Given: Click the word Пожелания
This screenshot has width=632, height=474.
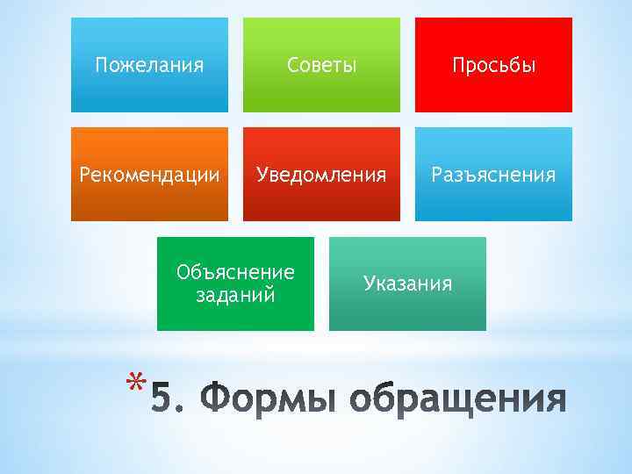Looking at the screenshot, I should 149,66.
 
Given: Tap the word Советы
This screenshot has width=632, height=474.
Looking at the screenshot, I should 321,66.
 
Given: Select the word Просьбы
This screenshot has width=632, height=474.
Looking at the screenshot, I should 493,66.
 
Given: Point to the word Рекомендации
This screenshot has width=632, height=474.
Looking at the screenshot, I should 149,175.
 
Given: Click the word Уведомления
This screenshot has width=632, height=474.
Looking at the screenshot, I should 321,175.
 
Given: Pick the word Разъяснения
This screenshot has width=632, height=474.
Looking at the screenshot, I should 493,175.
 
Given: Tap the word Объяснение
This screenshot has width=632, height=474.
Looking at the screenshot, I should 235,272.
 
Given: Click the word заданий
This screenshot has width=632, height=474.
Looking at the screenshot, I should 235,294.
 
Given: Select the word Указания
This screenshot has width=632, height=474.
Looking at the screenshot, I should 408,284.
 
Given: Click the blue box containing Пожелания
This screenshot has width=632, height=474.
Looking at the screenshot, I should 149,92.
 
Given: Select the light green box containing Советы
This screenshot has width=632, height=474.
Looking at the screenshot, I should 321,92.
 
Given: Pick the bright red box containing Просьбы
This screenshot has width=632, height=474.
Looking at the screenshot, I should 493,92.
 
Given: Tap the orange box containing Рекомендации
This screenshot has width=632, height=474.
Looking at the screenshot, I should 149,201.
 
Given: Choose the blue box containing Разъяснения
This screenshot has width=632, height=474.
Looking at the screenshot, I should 493,201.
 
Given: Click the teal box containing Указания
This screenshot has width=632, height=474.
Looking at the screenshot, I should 408,312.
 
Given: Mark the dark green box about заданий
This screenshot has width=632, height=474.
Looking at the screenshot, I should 235,316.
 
